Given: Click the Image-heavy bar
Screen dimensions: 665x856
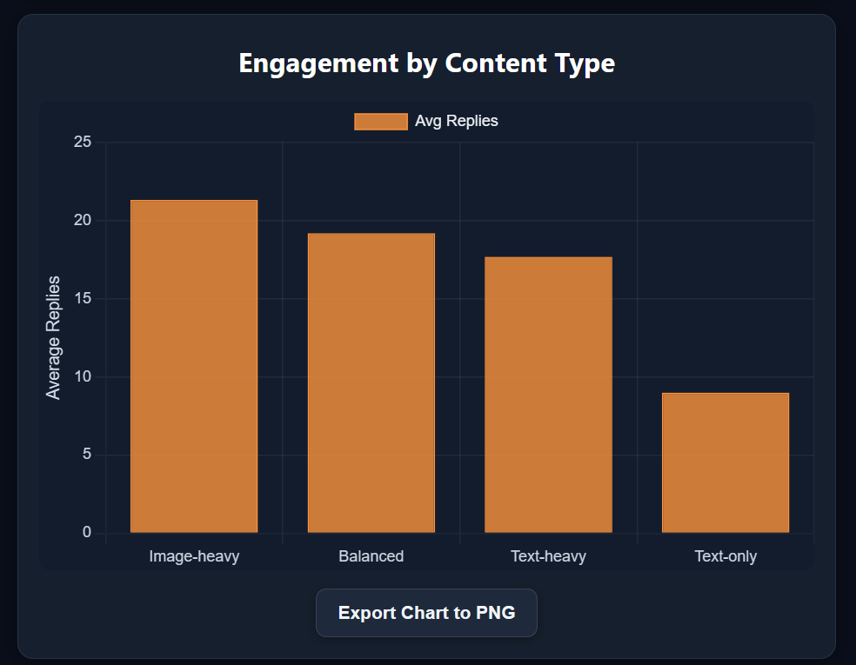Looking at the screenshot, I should click(194, 366).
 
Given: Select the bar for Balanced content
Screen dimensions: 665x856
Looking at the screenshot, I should click(371, 382).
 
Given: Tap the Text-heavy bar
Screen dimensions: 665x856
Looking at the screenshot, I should click(548, 395).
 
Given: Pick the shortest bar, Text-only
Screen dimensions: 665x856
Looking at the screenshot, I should click(726, 462).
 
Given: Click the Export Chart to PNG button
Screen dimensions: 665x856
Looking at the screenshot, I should click(426, 613).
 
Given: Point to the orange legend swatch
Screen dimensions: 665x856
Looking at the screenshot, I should click(380, 122).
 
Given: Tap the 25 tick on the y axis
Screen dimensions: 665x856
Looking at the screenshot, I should click(82, 142).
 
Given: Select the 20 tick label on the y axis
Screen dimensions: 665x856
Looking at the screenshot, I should click(82, 220).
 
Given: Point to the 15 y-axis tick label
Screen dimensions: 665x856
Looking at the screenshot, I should click(82, 298).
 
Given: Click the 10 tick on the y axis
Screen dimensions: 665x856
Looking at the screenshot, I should click(82, 376).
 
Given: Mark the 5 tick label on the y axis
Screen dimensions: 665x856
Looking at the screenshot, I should click(86, 455).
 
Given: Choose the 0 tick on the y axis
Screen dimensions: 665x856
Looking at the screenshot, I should click(86, 532).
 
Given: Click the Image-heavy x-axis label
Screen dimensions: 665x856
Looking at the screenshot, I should click(194, 556).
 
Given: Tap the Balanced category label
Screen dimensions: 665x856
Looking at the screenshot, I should click(371, 556).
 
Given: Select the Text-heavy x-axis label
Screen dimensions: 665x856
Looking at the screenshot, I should click(548, 556).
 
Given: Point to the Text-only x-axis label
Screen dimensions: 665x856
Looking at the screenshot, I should click(726, 556).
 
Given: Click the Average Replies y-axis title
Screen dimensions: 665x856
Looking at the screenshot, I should click(54, 337).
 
